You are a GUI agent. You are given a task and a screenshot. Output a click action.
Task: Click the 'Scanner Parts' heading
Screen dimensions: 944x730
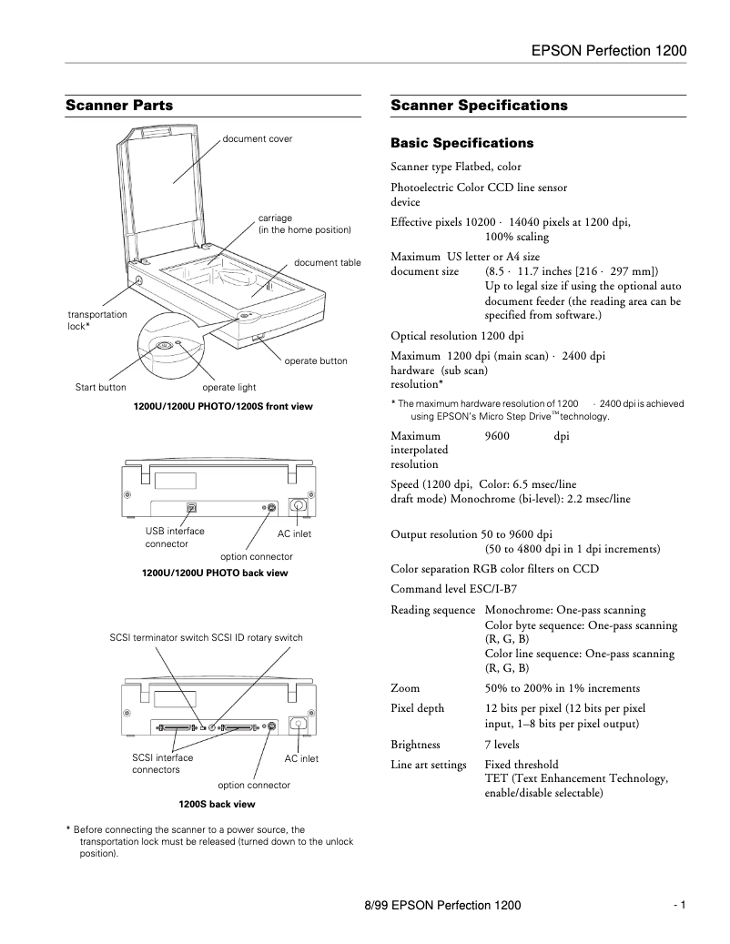click(x=119, y=106)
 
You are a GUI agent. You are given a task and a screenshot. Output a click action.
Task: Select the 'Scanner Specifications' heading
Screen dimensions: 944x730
click(x=479, y=106)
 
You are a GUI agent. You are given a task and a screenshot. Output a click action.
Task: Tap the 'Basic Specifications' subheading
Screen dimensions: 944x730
click(x=461, y=144)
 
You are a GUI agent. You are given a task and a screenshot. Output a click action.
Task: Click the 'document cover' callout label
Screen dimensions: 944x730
click(x=258, y=139)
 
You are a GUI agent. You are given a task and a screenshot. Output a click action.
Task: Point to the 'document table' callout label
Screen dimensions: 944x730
click(x=328, y=263)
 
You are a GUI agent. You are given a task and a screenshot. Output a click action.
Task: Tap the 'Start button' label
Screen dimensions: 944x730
click(x=100, y=388)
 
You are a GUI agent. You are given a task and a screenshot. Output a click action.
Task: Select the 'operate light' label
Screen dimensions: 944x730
click(x=229, y=388)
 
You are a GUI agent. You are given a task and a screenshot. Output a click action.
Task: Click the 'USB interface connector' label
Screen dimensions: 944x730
click(x=175, y=537)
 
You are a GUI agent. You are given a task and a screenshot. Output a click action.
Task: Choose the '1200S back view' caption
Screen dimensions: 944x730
click(x=217, y=805)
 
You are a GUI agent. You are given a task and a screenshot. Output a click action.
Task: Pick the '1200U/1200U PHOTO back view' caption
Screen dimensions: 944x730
click(x=215, y=574)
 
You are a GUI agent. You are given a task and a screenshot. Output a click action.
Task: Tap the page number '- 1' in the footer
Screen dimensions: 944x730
click(x=679, y=905)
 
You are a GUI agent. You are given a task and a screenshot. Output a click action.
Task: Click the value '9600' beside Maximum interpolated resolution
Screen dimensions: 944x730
click(x=497, y=436)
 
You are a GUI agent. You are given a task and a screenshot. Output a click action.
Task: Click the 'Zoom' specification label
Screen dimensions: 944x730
click(x=405, y=688)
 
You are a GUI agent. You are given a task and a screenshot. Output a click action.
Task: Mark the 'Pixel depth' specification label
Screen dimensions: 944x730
click(x=418, y=708)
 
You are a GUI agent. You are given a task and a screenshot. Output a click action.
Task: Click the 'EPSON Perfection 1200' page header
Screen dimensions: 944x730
click(x=608, y=52)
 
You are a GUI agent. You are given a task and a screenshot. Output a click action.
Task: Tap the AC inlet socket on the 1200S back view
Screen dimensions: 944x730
click(x=297, y=726)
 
